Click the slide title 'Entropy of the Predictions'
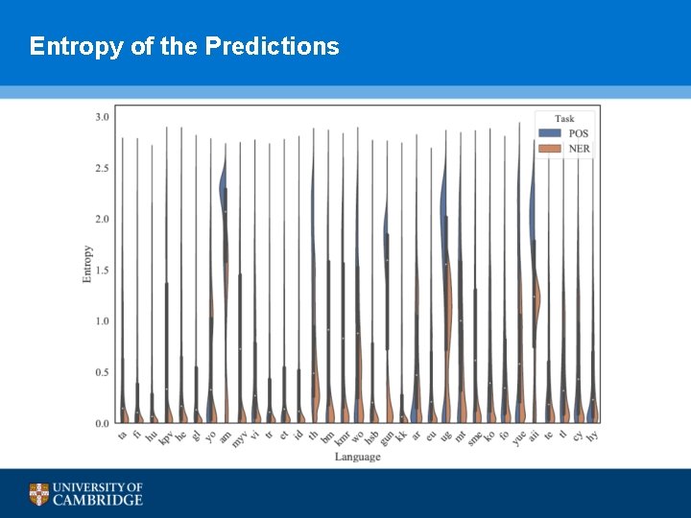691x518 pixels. tap(184, 46)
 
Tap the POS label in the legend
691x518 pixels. tap(579, 133)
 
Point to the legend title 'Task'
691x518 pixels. tap(564, 119)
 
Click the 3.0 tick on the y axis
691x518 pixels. tap(101, 117)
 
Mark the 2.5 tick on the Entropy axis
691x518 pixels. tap(101, 168)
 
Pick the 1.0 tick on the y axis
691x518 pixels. tap(101, 321)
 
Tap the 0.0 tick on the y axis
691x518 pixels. tap(101, 423)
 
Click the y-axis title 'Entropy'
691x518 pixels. tap(87, 264)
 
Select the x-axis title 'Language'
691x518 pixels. tap(357, 457)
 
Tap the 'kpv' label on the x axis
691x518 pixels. tap(165, 437)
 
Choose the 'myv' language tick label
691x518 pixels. tap(239, 438)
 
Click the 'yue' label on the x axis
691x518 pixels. tap(518, 437)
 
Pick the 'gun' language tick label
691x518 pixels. tap(386, 437)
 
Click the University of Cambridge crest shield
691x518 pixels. tap(38, 494)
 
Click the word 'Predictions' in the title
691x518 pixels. tap(272, 46)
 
